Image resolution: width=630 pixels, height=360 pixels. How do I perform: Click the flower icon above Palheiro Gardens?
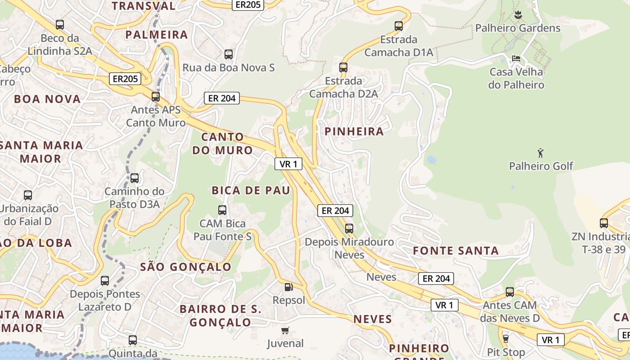518,15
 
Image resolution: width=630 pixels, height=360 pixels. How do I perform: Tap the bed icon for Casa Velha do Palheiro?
516,58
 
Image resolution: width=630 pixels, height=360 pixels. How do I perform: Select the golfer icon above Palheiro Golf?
541,153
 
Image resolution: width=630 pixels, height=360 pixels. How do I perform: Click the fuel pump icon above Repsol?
288,287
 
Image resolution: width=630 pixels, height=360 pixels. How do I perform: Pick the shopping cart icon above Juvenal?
285,331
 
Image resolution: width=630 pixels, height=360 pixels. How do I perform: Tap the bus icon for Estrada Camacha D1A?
399,26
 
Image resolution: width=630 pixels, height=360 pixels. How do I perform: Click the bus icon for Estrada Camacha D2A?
343,67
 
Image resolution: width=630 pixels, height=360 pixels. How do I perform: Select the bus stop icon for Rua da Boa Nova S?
229,54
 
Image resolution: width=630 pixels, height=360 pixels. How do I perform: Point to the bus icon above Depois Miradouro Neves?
349,229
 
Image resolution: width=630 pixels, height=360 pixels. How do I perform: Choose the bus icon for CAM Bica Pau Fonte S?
222,210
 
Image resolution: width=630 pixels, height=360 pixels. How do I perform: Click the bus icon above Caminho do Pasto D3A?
135,178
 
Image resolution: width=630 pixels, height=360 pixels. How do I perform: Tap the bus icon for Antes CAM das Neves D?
510,292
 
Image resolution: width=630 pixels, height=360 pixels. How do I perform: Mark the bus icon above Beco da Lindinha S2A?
60,25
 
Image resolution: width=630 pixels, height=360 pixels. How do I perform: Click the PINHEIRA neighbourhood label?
354,131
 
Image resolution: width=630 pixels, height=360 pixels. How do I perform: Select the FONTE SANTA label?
456,251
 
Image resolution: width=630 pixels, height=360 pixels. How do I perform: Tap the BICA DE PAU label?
251,190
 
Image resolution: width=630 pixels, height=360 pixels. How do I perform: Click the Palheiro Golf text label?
541,166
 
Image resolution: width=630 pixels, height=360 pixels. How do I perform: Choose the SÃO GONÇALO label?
185,267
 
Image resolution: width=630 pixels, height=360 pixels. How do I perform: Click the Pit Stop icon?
506,338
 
